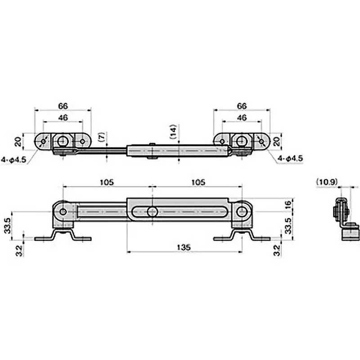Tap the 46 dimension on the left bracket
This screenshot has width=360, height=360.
(x=63, y=117)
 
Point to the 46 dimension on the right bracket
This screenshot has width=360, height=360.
(x=242, y=117)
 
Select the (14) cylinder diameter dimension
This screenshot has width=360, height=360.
(x=175, y=133)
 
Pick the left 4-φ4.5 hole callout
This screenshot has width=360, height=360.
(x=13, y=159)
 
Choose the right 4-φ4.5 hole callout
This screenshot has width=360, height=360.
(x=290, y=159)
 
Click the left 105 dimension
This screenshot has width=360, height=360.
(x=107, y=182)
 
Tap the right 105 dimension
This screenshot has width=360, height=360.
(x=198, y=182)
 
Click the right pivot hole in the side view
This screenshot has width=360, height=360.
(x=242, y=212)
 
